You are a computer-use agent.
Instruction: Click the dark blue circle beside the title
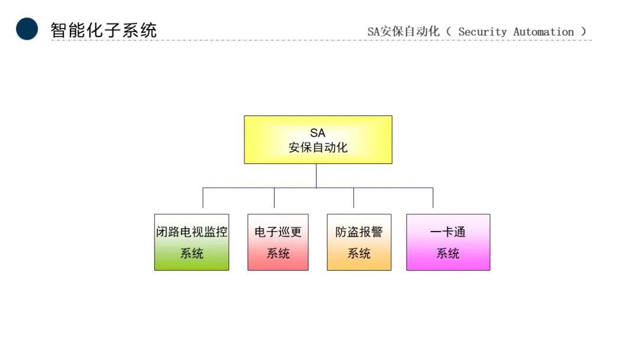click(x=27, y=29)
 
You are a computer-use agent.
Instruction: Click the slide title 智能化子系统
click(x=104, y=30)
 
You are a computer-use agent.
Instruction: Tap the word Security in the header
click(x=482, y=32)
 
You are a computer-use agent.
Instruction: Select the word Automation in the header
click(x=544, y=32)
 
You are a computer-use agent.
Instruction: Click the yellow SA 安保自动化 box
click(x=318, y=140)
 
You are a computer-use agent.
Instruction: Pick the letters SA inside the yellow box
click(x=318, y=133)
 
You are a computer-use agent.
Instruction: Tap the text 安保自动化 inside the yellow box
click(x=318, y=148)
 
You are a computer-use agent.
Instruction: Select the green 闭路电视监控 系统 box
click(x=191, y=242)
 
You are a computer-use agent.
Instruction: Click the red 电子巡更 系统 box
click(x=277, y=242)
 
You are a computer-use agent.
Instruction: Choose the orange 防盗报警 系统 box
click(x=359, y=242)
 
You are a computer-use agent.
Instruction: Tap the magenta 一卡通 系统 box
click(x=448, y=242)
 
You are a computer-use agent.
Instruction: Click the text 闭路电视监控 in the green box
click(x=191, y=232)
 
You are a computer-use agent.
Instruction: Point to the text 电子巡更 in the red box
click(x=277, y=232)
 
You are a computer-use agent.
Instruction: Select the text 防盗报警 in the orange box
click(x=359, y=232)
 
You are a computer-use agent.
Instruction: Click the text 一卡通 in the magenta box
click(x=448, y=232)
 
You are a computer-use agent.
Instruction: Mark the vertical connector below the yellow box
click(x=316, y=176)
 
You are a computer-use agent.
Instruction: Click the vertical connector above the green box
click(x=203, y=198)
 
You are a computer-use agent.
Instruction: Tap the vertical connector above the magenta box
click(x=433, y=198)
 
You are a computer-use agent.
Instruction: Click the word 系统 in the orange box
click(x=359, y=253)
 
